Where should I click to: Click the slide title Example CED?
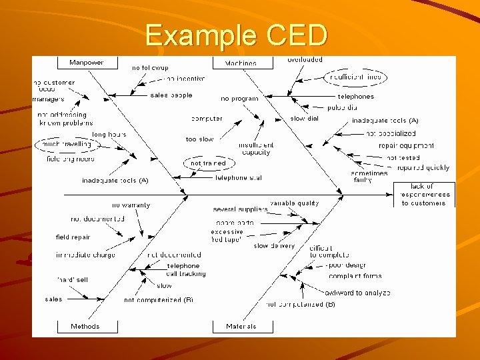tap(237, 35)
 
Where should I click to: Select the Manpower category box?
tap(87, 63)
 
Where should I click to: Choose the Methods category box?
tap(85, 327)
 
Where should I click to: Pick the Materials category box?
tap(241, 327)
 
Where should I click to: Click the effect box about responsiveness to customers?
tap(425, 194)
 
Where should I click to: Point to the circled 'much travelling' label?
tap(67, 144)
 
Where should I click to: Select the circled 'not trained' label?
tap(208, 163)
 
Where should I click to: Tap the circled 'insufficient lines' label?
tap(357, 77)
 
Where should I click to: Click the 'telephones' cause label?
tap(355, 97)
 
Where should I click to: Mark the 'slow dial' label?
tap(305, 119)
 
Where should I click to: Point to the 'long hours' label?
tap(109, 135)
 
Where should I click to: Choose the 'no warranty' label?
tap(131, 205)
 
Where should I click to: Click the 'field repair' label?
tap(73, 237)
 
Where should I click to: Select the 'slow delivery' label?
tap(274, 246)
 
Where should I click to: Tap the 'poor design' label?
tap(348, 265)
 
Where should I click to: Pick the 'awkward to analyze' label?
tap(357, 293)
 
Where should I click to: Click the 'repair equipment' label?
tap(406, 145)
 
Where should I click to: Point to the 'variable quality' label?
tap(295, 203)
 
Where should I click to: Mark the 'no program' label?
tap(239, 99)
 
